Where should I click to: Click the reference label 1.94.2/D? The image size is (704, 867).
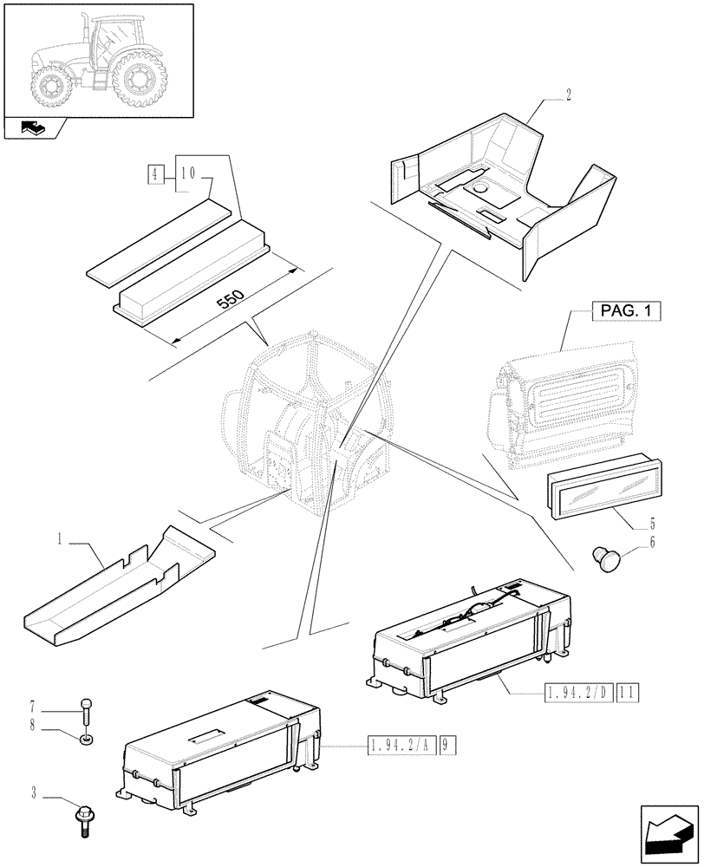pyautogui.click(x=578, y=692)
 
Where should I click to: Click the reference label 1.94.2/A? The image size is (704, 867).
pyautogui.click(x=401, y=745)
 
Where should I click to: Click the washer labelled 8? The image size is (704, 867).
pyautogui.click(x=86, y=740)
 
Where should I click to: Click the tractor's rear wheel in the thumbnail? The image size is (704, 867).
pyautogui.click(x=138, y=78)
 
